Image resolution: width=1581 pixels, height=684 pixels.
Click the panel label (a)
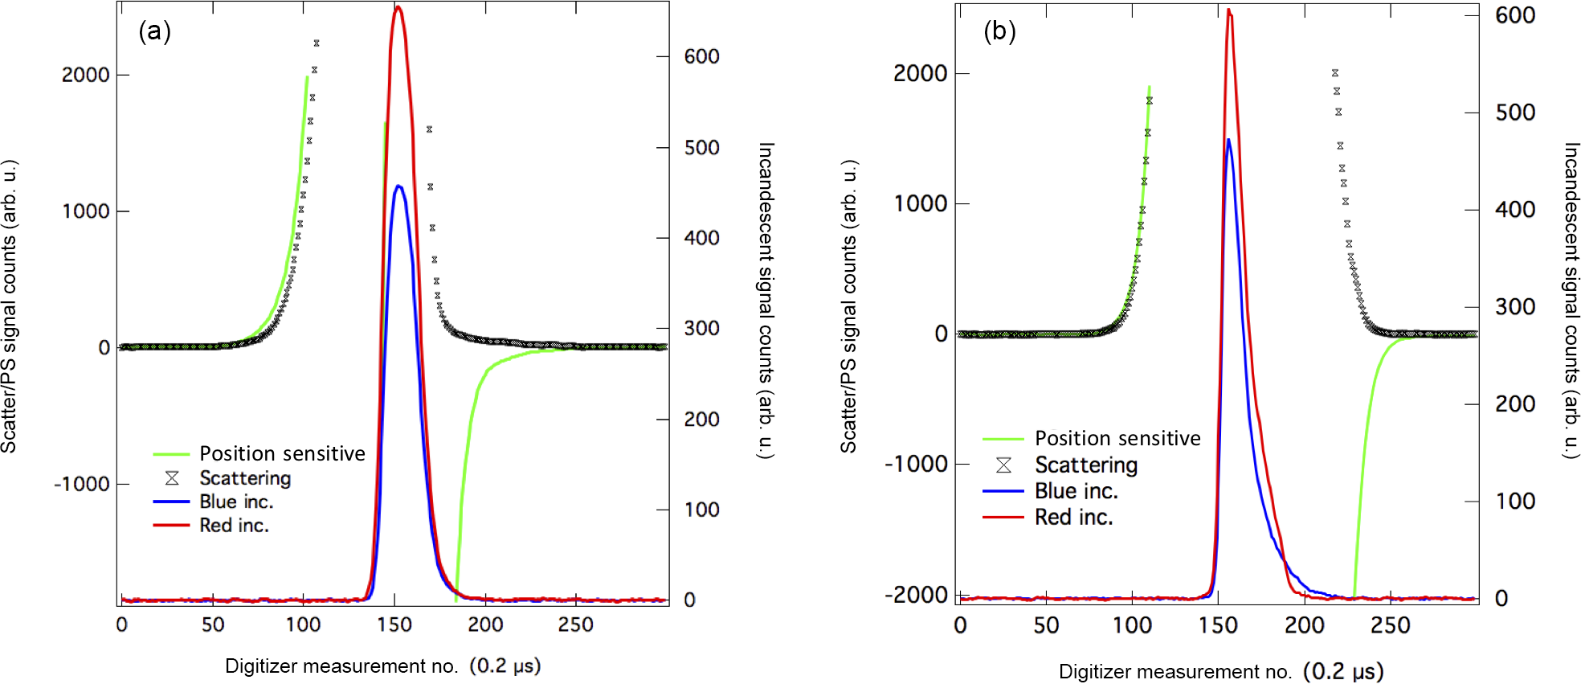[154, 32]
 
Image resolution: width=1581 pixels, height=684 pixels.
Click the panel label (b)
[999, 32]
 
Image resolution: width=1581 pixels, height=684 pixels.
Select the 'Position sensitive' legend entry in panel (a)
[282, 454]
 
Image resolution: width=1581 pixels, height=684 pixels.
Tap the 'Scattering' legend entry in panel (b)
[1086, 465]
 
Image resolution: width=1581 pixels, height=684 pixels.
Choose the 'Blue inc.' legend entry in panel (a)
[236, 502]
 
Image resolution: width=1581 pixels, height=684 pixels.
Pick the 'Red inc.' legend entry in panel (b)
[1073, 518]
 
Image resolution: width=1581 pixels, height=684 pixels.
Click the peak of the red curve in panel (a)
[398, 7]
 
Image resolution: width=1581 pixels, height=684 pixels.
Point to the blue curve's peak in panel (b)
[1228, 140]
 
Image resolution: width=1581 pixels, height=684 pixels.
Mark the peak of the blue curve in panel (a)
[398, 186]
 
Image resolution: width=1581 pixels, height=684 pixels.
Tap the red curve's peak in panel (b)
[1228, 10]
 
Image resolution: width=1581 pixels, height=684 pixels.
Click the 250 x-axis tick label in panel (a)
[575, 625]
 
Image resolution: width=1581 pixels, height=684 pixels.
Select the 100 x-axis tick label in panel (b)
[1132, 625]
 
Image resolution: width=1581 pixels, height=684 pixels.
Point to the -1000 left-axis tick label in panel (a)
[81, 485]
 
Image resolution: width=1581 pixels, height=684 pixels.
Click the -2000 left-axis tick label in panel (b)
[916, 596]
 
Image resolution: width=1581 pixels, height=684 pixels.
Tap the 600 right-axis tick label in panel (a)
[701, 57]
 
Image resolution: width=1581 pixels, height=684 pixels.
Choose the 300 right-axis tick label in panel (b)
[1515, 307]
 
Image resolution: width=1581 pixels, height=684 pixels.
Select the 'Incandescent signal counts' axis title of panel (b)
[1571, 301]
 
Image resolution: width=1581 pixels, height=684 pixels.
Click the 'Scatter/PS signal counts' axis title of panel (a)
[9, 305]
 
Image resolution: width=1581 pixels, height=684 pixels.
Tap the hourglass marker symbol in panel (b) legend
[1003, 465]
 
